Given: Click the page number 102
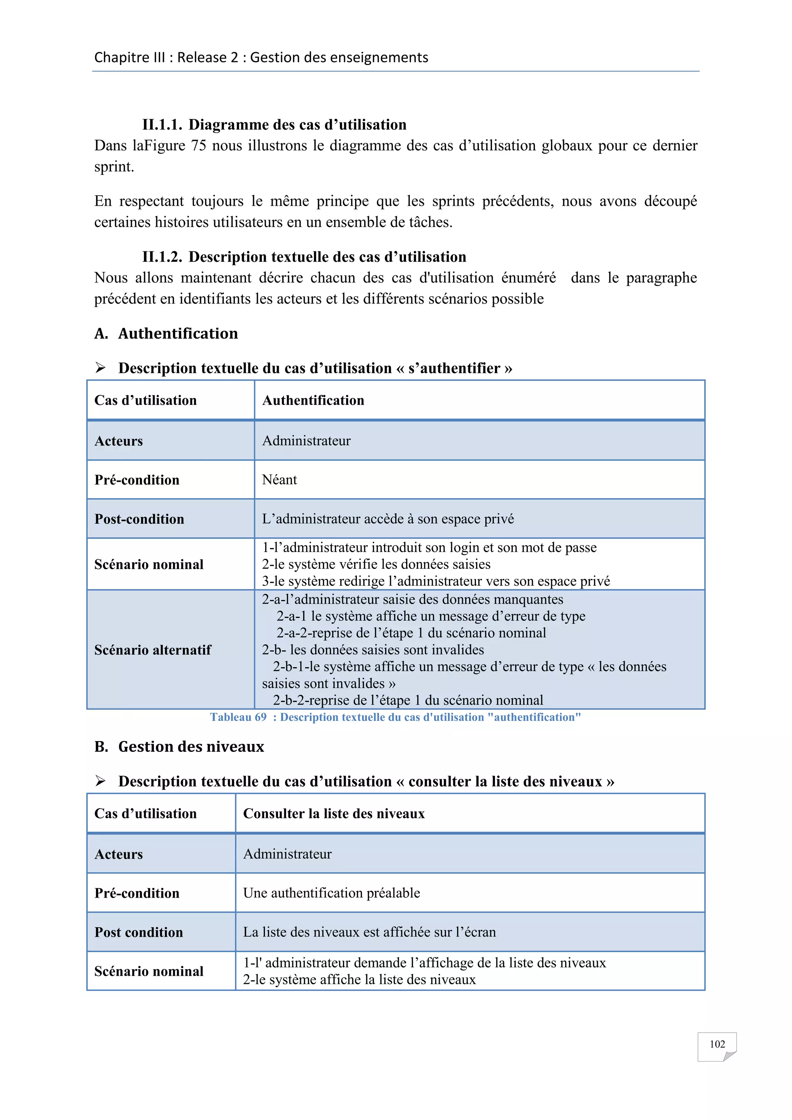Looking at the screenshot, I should click(717, 1044).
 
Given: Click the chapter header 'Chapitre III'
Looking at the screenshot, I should click(129, 58).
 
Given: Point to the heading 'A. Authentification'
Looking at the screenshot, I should click(166, 334).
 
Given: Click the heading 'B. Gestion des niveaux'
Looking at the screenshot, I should click(179, 747).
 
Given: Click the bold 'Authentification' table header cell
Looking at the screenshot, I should click(313, 401).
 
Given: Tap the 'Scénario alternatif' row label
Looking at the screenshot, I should click(153, 650).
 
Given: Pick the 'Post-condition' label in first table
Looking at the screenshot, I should click(140, 519).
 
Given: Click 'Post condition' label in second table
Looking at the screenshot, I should click(138, 932).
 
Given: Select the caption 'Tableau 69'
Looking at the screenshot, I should click(239, 717).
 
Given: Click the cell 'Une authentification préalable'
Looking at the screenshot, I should click(332, 893).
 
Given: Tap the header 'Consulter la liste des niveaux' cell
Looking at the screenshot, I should click(334, 814).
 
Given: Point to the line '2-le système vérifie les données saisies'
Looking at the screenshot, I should click(376, 564).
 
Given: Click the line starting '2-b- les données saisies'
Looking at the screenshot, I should click(373, 650).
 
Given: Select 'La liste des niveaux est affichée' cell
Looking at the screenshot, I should click(369, 932).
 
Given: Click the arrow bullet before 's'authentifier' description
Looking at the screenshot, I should click(101, 368).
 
